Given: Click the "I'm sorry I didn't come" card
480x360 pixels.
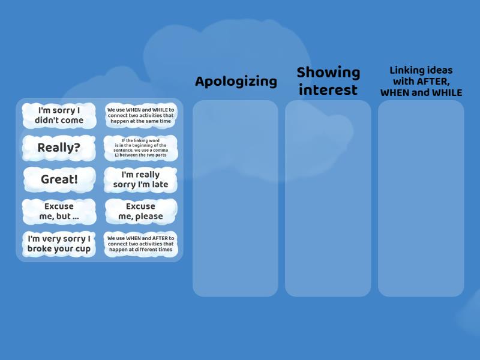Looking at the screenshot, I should [x=59, y=115].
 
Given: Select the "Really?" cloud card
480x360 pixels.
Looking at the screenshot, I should [x=59, y=148].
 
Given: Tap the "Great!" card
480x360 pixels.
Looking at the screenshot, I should [x=59, y=179].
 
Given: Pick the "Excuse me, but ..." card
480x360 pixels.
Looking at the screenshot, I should [x=59, y=211].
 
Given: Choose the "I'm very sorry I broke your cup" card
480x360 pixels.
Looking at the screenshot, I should [x=59, y=244].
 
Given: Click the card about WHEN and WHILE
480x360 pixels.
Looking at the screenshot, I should [x=140, y=115].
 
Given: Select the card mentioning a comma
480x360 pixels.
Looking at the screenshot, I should [x=140, y=148].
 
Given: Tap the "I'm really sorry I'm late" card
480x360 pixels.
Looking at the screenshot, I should [x=140, y=179].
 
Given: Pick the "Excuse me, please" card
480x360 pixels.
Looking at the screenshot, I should [x=140, y=211].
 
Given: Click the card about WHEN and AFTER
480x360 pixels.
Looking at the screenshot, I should [x=140, y=244].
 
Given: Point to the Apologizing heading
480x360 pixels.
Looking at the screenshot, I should [x=236, y=82].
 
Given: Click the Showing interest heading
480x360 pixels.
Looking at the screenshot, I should [x=328, y=81].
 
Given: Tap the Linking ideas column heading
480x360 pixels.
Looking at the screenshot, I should [x=421, y=82].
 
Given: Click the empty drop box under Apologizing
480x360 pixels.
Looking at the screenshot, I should [x=235, y=198].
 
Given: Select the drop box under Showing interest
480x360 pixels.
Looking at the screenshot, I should [x=328, y=198].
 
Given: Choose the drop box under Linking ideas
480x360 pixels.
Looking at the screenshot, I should [x=421, y=198].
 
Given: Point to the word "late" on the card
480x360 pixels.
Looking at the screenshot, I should [x=158, y=185].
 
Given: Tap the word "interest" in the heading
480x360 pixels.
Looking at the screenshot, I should [x=328, y=90].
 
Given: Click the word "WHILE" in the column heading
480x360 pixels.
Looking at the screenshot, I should [x=448, y=93].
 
